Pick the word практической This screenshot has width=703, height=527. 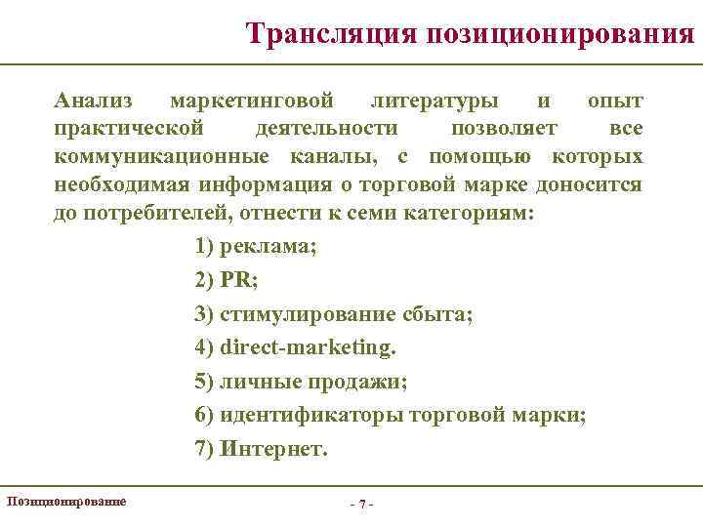129,129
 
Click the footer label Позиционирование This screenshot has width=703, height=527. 65,501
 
